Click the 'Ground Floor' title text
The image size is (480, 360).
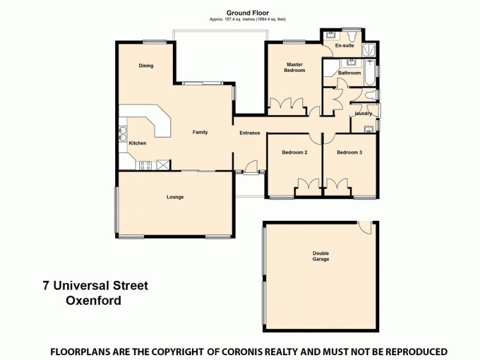[x=247, y=12]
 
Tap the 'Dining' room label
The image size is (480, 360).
[x=146, y=66]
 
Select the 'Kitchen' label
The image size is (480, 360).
[x=137, y=143]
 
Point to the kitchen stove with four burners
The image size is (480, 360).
[x=145, y=164]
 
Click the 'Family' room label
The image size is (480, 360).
[x=200, y=133]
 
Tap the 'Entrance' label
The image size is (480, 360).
[x=250, y=133]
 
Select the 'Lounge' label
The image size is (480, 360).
[x=175, y=197]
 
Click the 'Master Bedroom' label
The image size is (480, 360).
[x=295, y=67]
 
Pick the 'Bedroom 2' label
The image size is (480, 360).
[x=295, y=152]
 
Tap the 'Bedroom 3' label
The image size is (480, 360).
[x=349, y=152]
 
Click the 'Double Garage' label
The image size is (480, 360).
[x=320, y=256]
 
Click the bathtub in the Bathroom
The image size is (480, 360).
[x=370, y=73]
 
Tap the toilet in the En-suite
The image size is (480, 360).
[x=329, y=34]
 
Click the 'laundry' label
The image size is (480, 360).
[x=363, y=113]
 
